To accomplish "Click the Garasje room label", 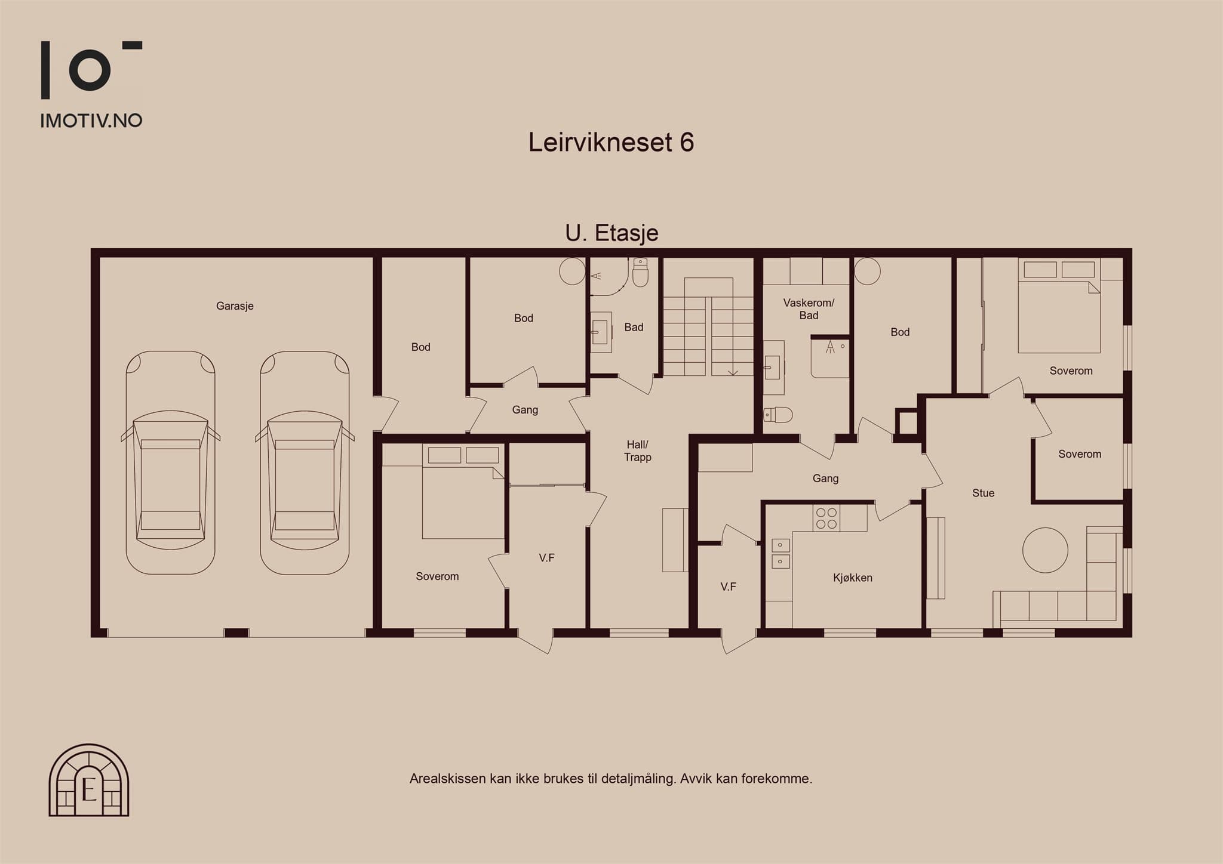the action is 235,306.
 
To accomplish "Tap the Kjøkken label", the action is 852,578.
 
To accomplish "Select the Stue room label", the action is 983,493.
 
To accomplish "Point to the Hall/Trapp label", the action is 637,451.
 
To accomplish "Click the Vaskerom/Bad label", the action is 809,309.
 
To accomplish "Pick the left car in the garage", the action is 170,462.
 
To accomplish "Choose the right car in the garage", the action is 305,462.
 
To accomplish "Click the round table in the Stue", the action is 1045,550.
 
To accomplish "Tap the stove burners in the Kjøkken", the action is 826,518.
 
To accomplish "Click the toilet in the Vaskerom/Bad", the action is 778,415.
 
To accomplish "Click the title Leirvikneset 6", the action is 611,142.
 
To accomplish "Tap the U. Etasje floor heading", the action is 611,233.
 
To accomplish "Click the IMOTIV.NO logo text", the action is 91,121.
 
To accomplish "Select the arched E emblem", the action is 89,780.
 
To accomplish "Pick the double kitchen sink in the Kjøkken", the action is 780,553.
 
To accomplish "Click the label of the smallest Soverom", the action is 1080,454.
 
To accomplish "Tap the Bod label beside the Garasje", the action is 420,347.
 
